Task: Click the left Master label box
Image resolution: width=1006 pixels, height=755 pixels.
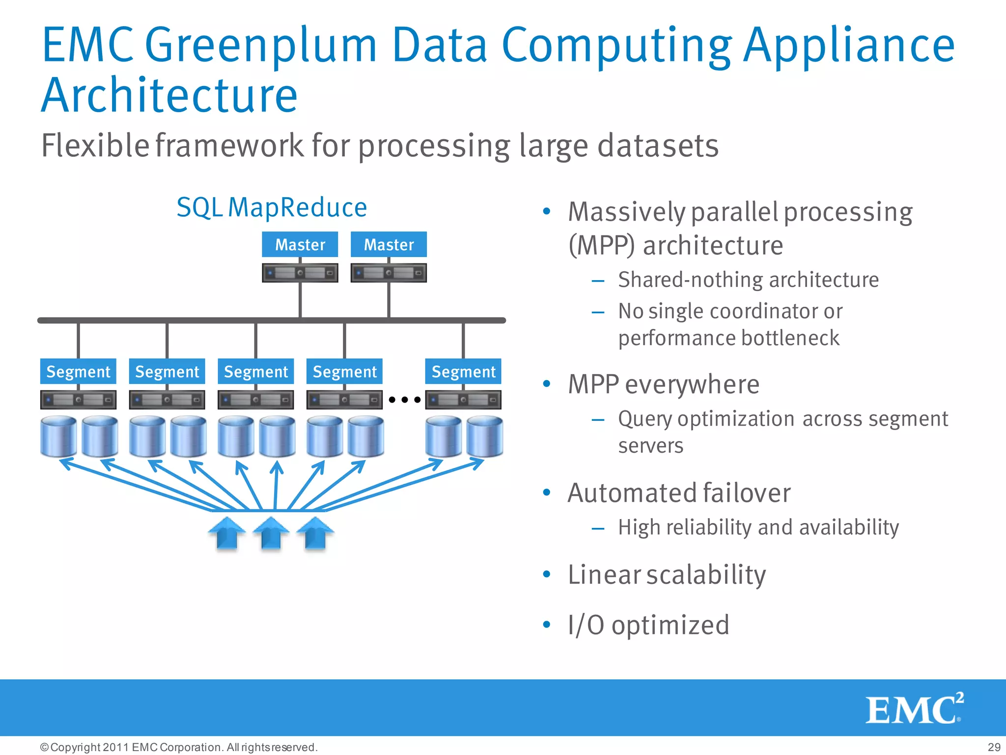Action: pos(300,244)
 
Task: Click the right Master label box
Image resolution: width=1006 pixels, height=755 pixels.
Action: pos(389,244)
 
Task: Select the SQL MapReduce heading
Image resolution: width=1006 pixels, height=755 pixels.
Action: pos(272,207)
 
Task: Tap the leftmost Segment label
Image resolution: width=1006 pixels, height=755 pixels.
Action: pos(78,372)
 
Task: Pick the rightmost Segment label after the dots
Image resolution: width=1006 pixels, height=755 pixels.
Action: pos(463,372)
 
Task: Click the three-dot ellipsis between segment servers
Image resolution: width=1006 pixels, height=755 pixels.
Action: pos(404,400)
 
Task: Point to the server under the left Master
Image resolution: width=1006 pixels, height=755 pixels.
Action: pos(300,273)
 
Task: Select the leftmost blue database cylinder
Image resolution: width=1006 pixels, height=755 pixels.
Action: pos(58,436)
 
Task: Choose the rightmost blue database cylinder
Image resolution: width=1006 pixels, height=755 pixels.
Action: pos(484,436)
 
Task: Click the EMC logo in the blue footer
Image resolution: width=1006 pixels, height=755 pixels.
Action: pos(914,709)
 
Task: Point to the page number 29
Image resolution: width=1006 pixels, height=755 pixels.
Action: pos(994,747)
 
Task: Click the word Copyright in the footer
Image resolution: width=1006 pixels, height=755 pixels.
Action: pos(76,747)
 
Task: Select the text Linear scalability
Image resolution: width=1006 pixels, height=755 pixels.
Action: pos(667,575)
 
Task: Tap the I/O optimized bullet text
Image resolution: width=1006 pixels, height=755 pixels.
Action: pos(648,625)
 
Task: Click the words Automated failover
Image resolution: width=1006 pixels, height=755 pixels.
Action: pos(679,493)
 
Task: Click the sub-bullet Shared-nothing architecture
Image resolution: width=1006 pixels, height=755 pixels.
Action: pos(748,280)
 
